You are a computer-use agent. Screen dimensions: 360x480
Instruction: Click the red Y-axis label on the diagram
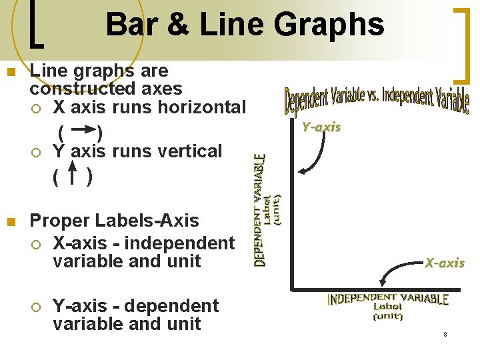tap(321, 127)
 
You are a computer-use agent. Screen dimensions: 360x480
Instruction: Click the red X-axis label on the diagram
tap(445, 263)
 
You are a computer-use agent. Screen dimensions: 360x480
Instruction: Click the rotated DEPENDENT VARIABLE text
tap(260, 210)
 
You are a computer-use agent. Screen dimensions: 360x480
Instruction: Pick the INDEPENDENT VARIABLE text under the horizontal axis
tap(387, 299)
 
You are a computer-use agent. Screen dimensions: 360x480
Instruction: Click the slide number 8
tap(445, 333)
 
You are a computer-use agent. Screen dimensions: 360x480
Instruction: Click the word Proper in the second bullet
tap(61, 221)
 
